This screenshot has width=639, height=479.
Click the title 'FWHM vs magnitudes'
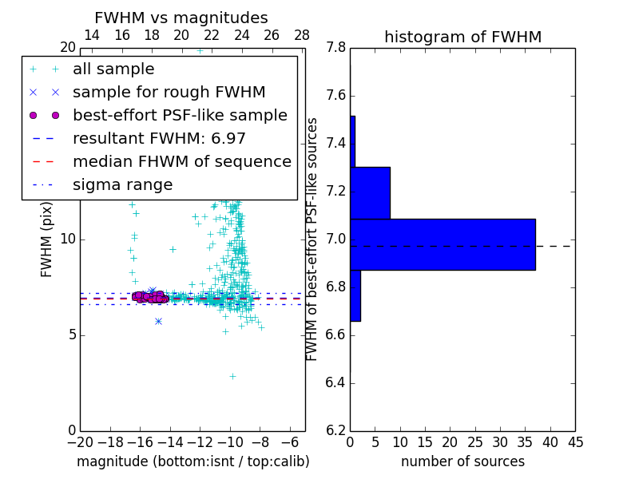tap(181, 18)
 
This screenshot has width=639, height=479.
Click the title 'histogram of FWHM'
tap(462, 38)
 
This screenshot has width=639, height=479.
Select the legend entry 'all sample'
tap(113, 69)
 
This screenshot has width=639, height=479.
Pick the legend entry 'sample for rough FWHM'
tap(169, 93)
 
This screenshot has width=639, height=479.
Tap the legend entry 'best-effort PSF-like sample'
tap(180, 116)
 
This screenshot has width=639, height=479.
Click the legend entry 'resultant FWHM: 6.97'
tap(159, 139)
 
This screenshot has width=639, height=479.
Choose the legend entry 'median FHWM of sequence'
tap(181, 162)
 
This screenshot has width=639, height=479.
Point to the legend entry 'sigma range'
tap(122, 185)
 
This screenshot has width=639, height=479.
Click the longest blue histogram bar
tap(443, 244)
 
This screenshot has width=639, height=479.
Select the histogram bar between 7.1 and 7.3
tap(370, 192)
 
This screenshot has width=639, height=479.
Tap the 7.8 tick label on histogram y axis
tap(336, 48)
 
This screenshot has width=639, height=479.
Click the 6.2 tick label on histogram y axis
tap(336, 431)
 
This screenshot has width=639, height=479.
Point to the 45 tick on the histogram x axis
tap(575, 442)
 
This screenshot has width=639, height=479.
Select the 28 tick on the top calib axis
tap(302, 36)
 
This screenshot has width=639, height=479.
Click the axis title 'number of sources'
tap(462, 461)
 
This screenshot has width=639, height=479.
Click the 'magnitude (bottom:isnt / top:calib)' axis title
tap(192, 461)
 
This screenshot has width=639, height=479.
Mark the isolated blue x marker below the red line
tap(159, 321)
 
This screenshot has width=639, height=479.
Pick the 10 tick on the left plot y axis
tap(67, 239)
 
